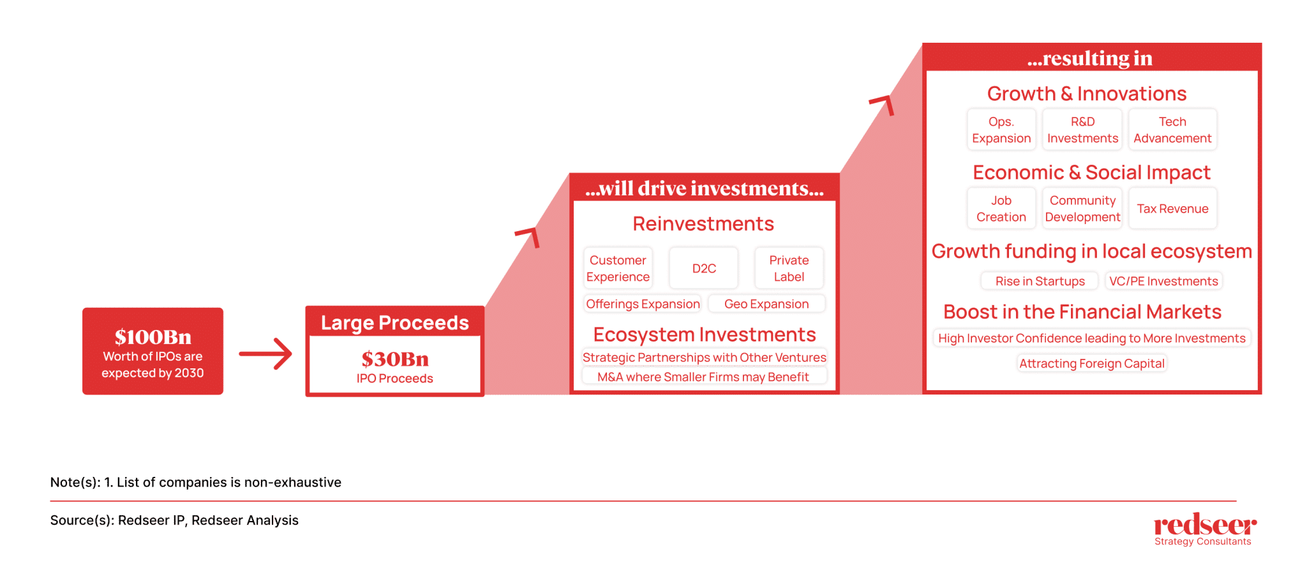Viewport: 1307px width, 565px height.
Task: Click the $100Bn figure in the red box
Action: pyautogui.click(x=153, y=336)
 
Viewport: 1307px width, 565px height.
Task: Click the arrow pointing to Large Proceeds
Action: pyautogui.click(x=265, y=354)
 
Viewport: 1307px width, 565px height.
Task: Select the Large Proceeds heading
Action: pyautogui.click(x=395, y=323)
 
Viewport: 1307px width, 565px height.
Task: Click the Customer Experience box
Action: pyautogui.click(x=618, y=268)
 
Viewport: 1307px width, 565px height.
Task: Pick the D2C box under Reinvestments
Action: pyautogui.click(x=704, y=268)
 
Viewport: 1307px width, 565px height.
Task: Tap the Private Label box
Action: pyautogui.click(x=789, y=268)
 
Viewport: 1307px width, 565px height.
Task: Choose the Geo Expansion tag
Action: pyautogui.click(x=766, y=304)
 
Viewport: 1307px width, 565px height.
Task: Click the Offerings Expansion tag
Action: pyautogui.click(x=643, y=304)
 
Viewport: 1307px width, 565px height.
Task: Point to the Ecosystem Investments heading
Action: pyautogui.click(x=705, y=335)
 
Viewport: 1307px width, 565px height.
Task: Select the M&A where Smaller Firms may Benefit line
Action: pyautogui.click(x=703, y=377)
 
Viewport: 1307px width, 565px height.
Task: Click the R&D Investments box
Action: pyautogui.click(x=1082, y=130)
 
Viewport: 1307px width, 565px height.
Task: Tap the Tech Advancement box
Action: pyautogui.click(x=1172, y=130)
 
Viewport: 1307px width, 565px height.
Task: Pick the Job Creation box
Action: pyautogui.click(x=1001, y=209)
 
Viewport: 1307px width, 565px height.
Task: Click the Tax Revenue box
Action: pyautogui.click(x=1172, y=209)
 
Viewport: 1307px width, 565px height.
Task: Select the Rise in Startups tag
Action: pyautogui.click(x=1040, y=281)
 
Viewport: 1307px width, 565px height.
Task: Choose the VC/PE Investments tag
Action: pyautogui.click(x=1163, y=281)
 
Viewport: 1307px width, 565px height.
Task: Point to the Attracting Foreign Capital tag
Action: pyautogui.click(x=1092, y=363)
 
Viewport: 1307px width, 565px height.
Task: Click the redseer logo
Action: pyautogui.click(x=1205, y=529)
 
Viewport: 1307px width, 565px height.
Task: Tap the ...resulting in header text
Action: pyautogui.click(x=1090, y=58)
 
